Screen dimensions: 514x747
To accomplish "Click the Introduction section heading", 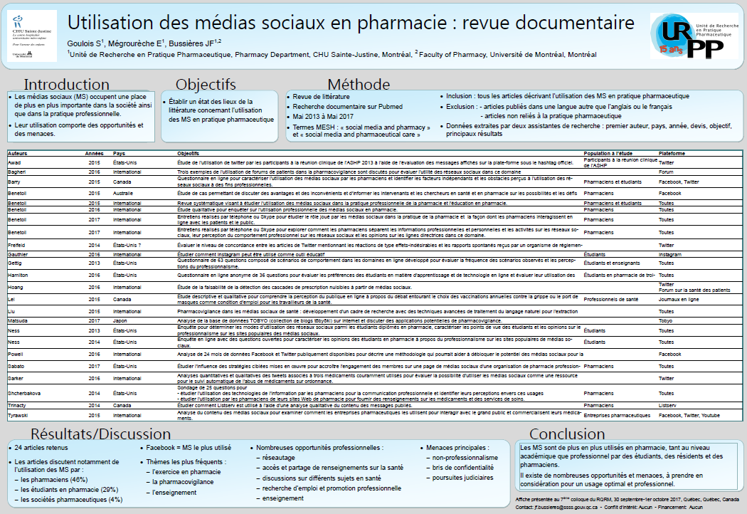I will (x=67, y=85).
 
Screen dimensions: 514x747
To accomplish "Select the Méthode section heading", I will (x=358, y=85).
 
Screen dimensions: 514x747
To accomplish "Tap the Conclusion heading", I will (x=566, y=434).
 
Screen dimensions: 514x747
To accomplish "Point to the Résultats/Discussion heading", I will (x=100, y=434).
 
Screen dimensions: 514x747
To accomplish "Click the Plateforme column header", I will (x=672, y=154).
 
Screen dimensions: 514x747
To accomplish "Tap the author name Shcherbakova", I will (x=23, y=393).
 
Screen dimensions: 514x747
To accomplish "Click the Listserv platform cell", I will (x=667, y=405).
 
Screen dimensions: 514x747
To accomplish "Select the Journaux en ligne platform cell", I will (x=678, y=300).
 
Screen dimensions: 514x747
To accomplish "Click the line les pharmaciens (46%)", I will (x=53, y=480).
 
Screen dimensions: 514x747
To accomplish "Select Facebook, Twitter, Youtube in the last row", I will (x=689, y=414).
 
